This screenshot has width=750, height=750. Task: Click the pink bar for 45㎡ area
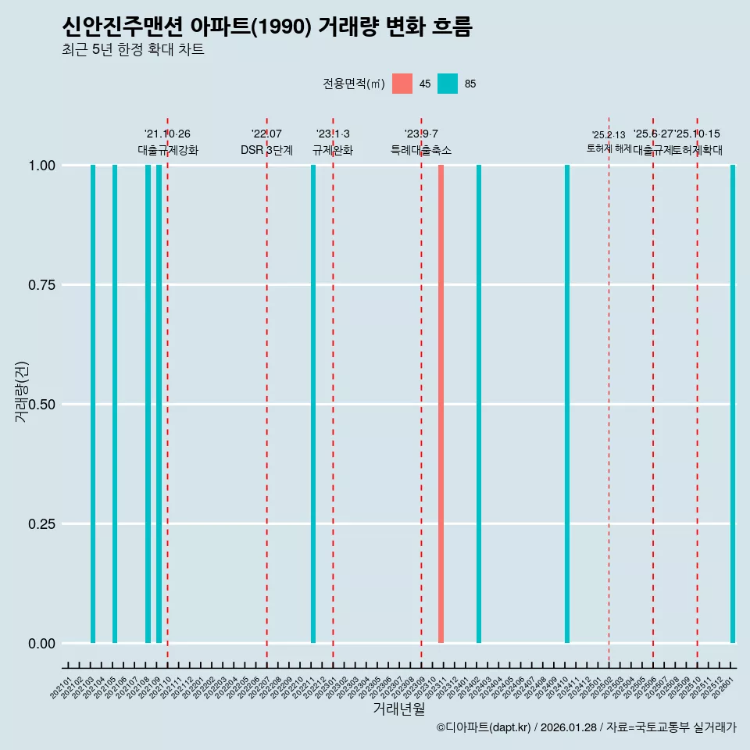441,404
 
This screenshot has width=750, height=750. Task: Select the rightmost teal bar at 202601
733,404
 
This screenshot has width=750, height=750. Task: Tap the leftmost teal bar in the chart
93,404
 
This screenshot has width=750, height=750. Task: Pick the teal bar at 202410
567,404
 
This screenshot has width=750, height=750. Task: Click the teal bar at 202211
313,404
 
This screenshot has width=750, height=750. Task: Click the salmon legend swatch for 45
402,84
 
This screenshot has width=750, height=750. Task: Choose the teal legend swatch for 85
448,84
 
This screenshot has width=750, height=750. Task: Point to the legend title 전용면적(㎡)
353,84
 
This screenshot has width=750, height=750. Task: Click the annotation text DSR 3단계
266,150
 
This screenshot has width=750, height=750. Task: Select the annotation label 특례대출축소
421,150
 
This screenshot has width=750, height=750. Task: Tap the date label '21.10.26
167,134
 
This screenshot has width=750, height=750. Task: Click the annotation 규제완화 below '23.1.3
333,150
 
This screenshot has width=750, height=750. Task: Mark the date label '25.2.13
609,135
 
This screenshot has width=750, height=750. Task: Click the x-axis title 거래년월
398,709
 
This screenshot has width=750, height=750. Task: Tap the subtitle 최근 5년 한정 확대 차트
133,50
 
